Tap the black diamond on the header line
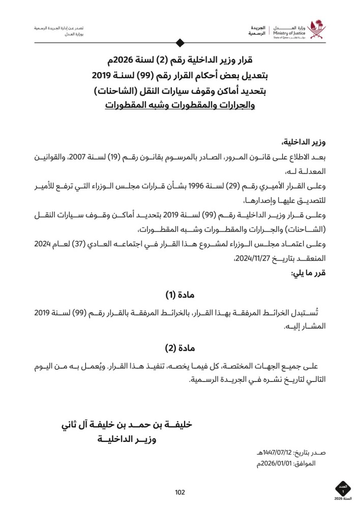point(179,43)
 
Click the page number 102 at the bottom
point(179,492)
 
